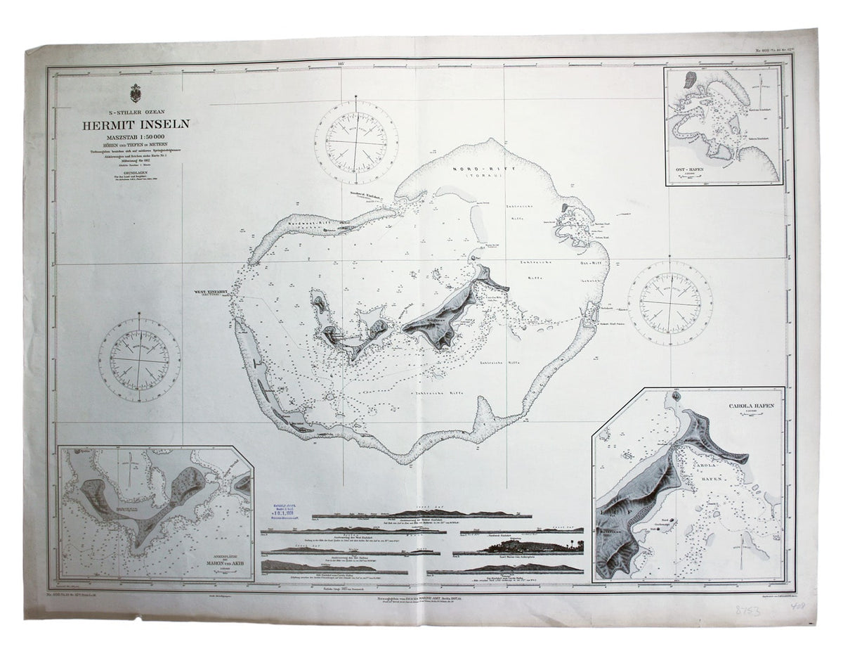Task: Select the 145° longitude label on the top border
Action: (342, 64)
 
